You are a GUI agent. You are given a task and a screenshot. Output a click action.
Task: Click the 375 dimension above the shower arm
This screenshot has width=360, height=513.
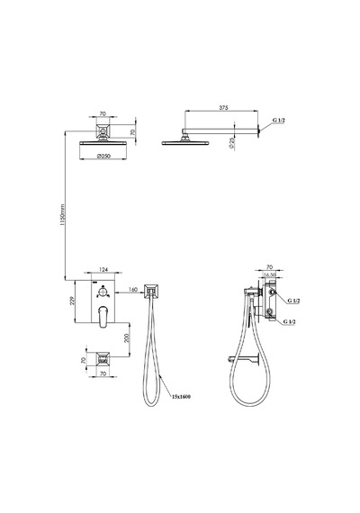(x=224, y=108)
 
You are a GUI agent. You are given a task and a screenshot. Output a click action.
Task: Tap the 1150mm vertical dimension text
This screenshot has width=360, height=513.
(x=63, y=216)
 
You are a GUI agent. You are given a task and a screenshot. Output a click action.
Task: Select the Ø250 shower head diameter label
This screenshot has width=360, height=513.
(x=104, y=156)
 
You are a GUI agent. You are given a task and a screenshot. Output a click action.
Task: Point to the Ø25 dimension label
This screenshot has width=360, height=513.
(x=232, y=143)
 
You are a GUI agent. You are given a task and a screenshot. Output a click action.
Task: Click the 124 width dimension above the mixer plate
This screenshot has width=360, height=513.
(x=103, y=270)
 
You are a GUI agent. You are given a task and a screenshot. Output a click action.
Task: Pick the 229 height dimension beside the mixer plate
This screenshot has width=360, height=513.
(x=73, y=301)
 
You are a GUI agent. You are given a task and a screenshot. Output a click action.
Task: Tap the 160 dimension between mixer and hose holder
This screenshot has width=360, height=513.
(x=133, y=290)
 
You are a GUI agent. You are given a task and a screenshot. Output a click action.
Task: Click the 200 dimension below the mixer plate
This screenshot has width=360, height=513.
(x=127, y=337)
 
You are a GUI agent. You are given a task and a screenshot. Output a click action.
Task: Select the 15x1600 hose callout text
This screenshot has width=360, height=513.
(x=181, y=397)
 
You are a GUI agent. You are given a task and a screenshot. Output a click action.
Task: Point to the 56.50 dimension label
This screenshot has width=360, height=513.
(x=270, y=275)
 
